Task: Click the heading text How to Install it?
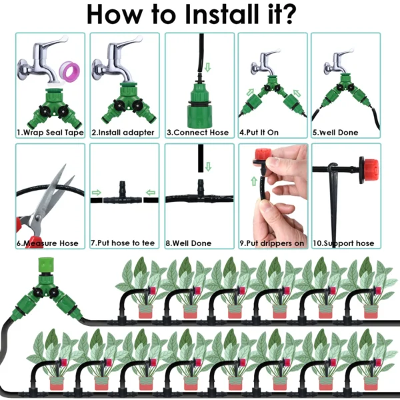199,15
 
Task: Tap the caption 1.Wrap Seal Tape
50,133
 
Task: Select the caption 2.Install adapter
123,133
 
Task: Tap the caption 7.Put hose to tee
124,243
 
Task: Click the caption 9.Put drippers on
273,243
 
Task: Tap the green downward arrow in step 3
206,67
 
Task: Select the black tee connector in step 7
124,194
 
